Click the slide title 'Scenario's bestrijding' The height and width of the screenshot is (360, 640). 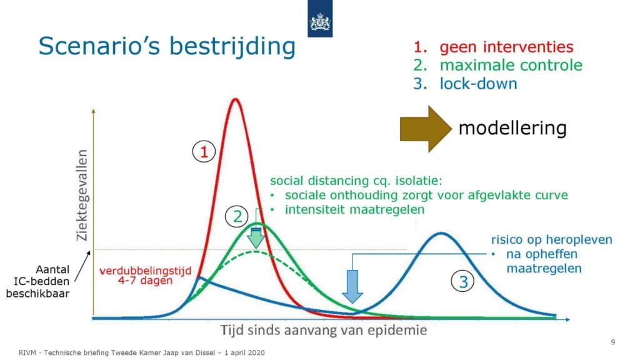tap(167, 46)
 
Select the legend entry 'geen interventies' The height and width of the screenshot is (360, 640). tap(506, 47)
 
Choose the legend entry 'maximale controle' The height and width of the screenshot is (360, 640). tap(511, 65)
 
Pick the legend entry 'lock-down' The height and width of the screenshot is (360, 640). tap(478, 84)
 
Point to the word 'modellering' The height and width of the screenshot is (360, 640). tap(512, 128)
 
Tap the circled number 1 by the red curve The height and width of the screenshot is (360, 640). tap(204, 152)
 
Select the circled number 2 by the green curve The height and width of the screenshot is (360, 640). tap(237, 216)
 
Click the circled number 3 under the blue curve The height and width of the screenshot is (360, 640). tap(462, 282)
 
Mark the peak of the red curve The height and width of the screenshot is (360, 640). tap(235, 99)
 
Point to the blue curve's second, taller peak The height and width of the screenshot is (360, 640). tap(441, 234)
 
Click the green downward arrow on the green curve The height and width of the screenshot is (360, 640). tap(256, 238)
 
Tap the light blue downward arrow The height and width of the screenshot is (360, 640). tap(352, 286)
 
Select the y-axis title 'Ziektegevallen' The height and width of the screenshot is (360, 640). tap(82, 195)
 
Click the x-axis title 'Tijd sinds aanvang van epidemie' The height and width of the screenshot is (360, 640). tap(324, 330)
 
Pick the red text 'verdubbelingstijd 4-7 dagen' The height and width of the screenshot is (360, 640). tap(145, 276)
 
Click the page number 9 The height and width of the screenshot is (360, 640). tap(612, 342)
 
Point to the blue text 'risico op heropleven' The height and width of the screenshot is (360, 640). tap(551, 239)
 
